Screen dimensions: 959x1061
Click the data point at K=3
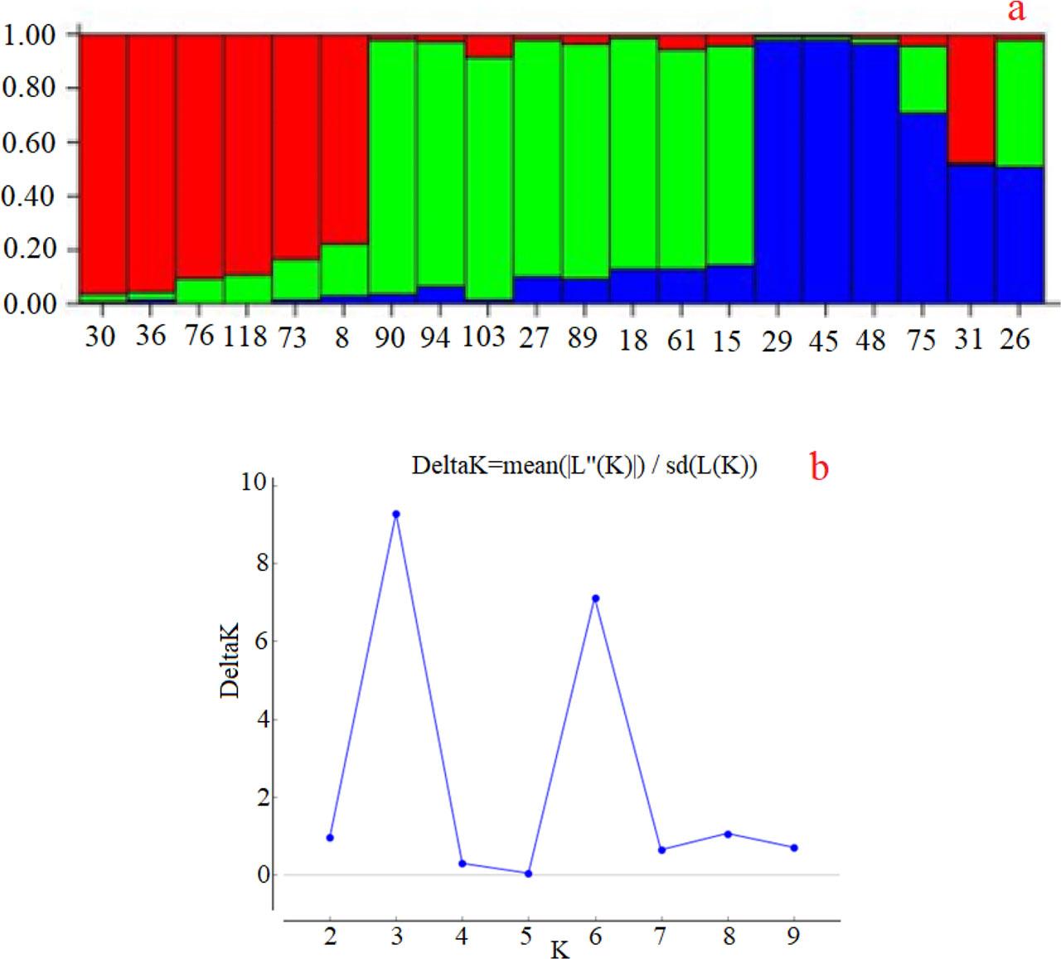396,514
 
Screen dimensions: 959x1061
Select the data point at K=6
595,598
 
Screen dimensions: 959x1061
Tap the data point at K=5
528,874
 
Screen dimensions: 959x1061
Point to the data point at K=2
330,838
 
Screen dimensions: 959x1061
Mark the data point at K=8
728,834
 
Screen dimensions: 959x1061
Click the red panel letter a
1015,12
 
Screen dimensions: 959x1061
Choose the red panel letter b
819,468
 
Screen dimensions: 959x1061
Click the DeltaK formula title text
584,467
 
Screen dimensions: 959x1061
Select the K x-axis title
560,949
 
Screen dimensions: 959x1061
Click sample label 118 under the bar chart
245,337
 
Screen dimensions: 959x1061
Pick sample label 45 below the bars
824,341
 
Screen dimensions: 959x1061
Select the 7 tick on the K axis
661,937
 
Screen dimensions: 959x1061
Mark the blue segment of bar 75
923,207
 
